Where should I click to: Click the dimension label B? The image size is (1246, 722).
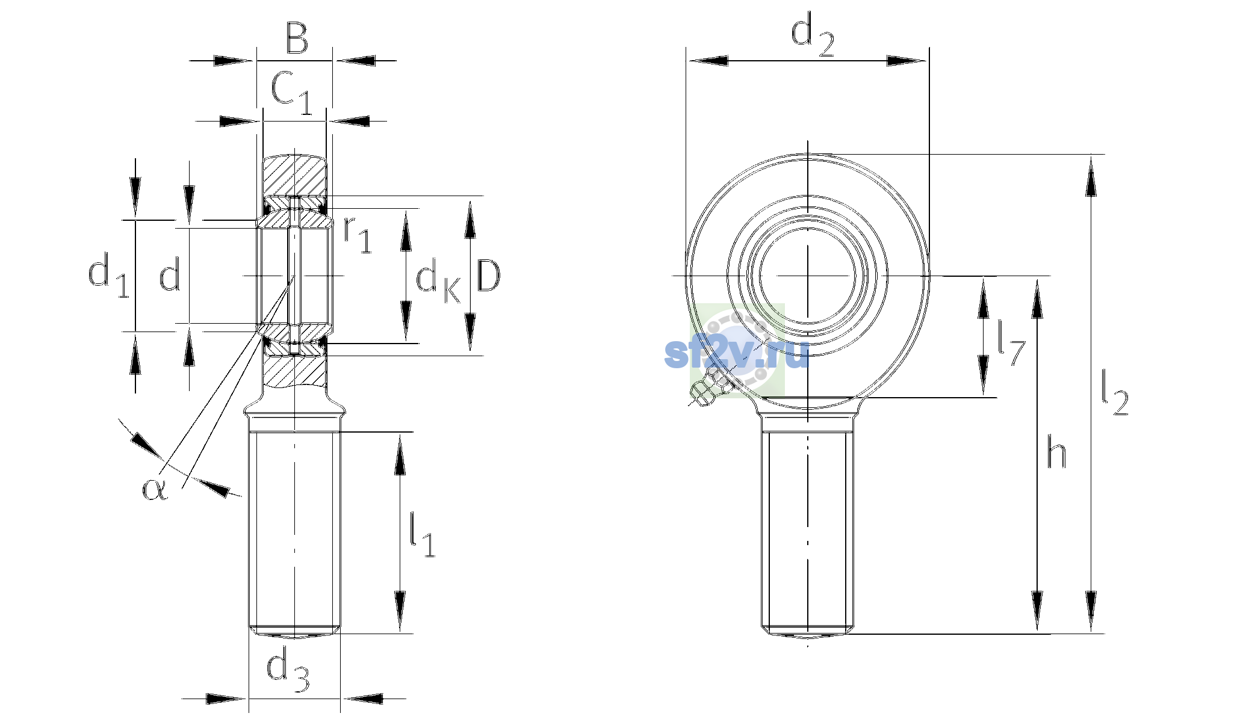pyautogui.click(x=297, y=38)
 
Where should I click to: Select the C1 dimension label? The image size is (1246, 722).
pyautogui.click(x=292, y=92)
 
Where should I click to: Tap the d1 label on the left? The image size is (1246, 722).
pyautogui.click(x=109, y=275)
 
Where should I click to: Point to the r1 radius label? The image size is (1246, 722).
pyautogui.click(x=358, y=234)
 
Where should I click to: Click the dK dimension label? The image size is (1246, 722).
pyautogui.click(x=438, y=283)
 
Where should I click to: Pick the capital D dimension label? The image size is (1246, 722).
pyautogui.click(x=488, y=276)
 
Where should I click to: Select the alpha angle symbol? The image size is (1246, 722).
pyautogui.click(x=154, y=489)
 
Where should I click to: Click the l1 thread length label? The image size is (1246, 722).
pyautogui.click(x=422, y=535)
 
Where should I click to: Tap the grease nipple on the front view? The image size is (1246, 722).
pyautogui.click(x=709, y=388)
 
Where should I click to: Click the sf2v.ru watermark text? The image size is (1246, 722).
pyautogui.click(x=736, y=353)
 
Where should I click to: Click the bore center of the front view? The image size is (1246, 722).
pyautogui.click(x=808, y=276)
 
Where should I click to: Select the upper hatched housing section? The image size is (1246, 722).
pyautogui.click(x=294, y=176)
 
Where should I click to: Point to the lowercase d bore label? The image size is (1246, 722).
pyautogui.click(x=170, y=276)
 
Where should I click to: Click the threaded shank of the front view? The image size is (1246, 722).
pyautogui.click(x=808, y=532)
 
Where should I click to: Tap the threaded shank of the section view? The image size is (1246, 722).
pyautogui.click(x=294, y=532)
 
